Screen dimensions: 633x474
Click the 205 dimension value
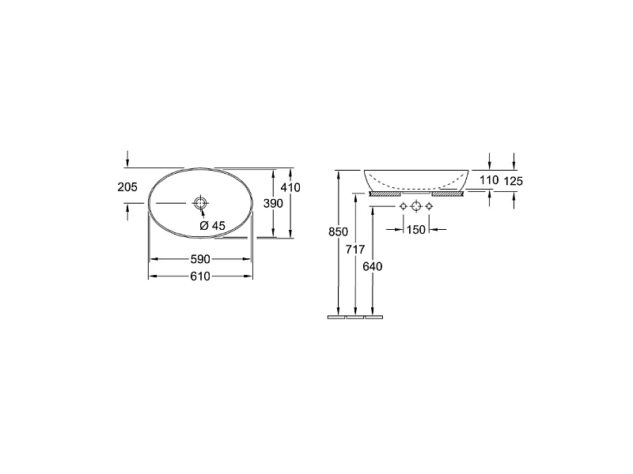pos(127,187)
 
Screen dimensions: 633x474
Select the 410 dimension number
pos(290,187)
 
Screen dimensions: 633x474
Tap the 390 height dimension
pos(273,204)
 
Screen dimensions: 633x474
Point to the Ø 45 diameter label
pos(212,226)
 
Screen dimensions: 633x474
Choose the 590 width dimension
pos(201,259)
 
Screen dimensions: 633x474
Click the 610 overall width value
pos(201,276)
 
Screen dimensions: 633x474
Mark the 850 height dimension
pos(339,232)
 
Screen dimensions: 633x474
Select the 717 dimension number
pos(355,250)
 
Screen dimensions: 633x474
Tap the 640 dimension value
pos(373,266)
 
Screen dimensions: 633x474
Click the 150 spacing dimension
pos(416,230)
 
